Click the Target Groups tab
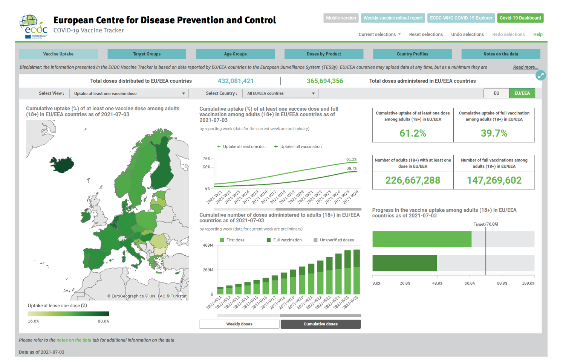click(147, 54)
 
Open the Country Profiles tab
click(412, 54)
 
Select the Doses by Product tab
click(324, 54)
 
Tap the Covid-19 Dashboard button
click(520, 18)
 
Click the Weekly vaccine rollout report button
click(393, 18)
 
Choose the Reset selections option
click(426, 34)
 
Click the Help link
click(538, 34)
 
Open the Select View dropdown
click(129, 93)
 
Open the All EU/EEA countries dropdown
click(280, 93)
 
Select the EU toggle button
click(496, 93)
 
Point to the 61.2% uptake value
click(413, 133)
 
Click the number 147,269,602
click(494, 180)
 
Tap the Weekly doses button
click(239, 324)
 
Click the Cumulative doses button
click(321, 324)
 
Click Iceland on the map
click(62, 165)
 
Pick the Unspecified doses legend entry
click(337, 240)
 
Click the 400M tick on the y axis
click(208, 245)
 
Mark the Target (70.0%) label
click(486, 224)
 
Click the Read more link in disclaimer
click(526, 67)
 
